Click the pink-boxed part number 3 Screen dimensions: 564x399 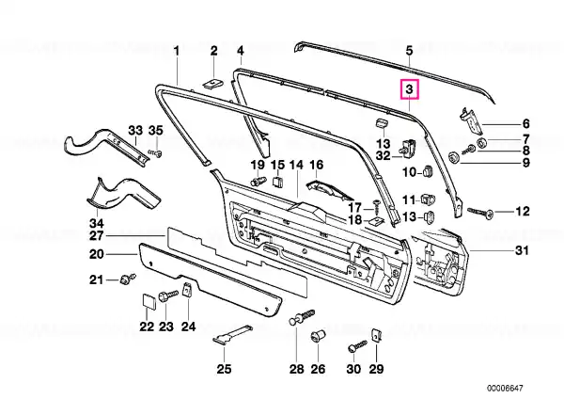pyautogui.click(x=409, y=89)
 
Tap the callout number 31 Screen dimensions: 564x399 pyautogui.click(x=522, y=250)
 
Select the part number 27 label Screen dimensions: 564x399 pyautogui.click(x=97, y=236)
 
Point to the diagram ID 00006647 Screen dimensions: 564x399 pyautogui.click(x=505, y=389)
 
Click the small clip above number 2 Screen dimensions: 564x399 pyautogui.click(x=213, y=84)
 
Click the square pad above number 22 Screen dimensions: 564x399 pyautogui.click(x=148, y=301)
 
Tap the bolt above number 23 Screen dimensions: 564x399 pyautogui.click(x=167, y=296)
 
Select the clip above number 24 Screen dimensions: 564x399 pyautogui.click(x=187, y=289)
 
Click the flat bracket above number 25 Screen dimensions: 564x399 pyautogui.click(x=232, y=334)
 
